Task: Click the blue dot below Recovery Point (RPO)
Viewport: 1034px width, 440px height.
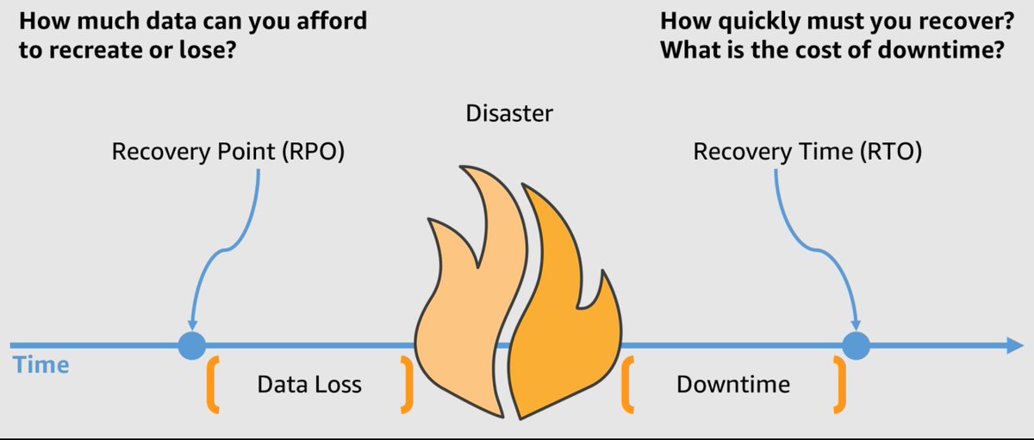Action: click(x=191, y=345)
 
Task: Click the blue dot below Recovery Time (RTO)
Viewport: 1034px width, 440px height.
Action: click(x=855, y=345)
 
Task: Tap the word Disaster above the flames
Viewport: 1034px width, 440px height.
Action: click(x=509, y=113)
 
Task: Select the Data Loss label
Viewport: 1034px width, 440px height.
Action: click(x=309, y=384)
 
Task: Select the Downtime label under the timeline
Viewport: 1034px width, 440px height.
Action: click(x=732, y=384)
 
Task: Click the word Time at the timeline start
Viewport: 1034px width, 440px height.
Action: click(x=41, y=365)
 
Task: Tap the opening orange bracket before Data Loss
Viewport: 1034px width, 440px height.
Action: click(x=210, y=382)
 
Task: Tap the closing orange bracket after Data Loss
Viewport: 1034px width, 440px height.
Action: click(x=408, y=382)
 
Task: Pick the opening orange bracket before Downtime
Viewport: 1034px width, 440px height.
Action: click(x=627, y=382)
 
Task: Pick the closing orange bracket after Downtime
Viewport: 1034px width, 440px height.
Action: click(x=838, y=382)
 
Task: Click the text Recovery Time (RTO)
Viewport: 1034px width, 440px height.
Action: click(x=807, y=153)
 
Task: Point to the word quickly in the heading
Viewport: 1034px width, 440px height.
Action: click(x=754, y=20)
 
